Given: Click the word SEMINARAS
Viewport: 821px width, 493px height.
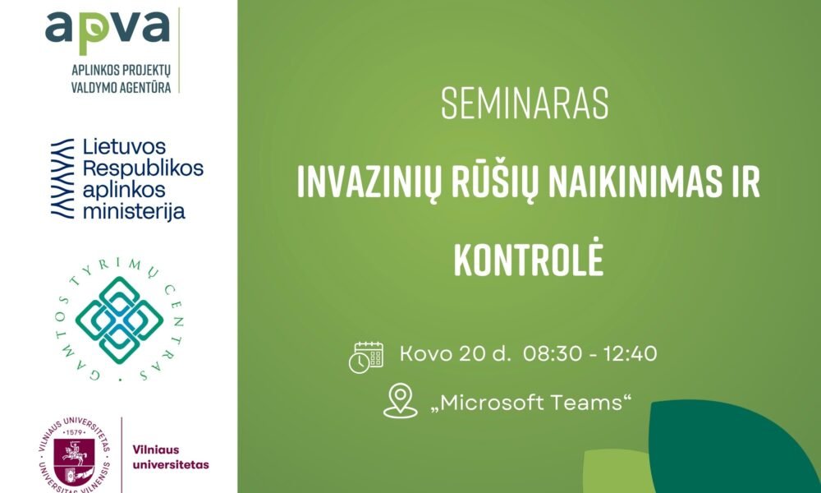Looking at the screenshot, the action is pos(525,104).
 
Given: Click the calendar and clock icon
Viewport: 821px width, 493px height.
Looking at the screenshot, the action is pos(366,357).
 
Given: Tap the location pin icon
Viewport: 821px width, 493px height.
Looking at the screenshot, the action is pos(401,401).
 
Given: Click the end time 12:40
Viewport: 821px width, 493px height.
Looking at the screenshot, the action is pos(631,353).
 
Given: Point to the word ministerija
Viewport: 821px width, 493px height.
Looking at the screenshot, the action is pos(134,212).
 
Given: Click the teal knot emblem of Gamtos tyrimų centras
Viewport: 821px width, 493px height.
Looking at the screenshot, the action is pos(119,320).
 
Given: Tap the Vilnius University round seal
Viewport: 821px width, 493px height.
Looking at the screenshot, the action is pos(75,454).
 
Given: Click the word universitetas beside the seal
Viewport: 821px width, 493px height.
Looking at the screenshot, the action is pos(171,465).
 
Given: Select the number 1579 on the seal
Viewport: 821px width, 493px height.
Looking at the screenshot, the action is pos(75,433).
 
